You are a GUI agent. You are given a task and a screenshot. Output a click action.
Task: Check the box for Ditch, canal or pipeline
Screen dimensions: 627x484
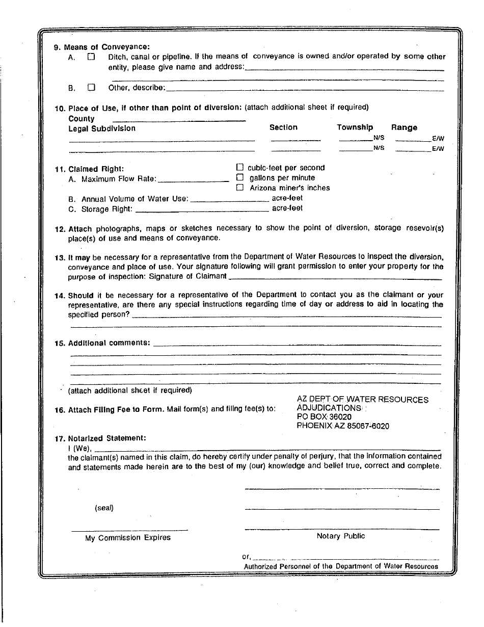pyautogui.click(x=92, y=57)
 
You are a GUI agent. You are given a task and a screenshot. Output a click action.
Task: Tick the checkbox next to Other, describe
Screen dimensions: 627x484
pyautogui.click(x=92, y=87)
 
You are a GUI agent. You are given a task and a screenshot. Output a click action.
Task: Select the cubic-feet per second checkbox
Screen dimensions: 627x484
pyautogui.click(x=240, y=167)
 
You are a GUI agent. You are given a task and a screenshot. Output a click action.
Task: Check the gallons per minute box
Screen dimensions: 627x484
pyautogui.click(x=240, y=177)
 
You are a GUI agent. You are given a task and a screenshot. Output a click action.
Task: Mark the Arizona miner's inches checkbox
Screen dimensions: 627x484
pyautogui.click(x=240, y=188)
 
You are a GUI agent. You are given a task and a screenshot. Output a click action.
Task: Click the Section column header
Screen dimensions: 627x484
pyautogui.click(x=283, y=127)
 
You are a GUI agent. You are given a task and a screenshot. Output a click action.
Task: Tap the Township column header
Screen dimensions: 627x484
pyautogui.click(x=355, y=127)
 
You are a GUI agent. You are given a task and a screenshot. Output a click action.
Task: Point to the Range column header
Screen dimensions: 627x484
pyautogui.click(x=404, y=127)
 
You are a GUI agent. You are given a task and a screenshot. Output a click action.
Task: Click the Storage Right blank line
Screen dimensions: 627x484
pyautogui.click(x=202, y=210)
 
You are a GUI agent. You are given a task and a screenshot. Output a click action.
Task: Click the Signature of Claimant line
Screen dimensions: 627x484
pyautogui.click(x=335, y=278)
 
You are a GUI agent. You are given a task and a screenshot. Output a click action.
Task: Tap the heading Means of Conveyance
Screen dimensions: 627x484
pyautogui.click(x=106, y=47)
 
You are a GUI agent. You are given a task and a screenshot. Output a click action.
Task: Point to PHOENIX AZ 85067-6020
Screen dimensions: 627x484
pyautogui.click(x=342, y=426)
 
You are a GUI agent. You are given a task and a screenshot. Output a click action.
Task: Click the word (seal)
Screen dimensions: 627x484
pyautogui.click(x=104, y=508)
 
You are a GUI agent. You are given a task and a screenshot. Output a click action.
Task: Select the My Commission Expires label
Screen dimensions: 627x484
pyautogui.click(x=128, y=538)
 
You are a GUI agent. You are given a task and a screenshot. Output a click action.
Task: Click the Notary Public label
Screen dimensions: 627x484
pyautogui.click(x=341, y=536)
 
